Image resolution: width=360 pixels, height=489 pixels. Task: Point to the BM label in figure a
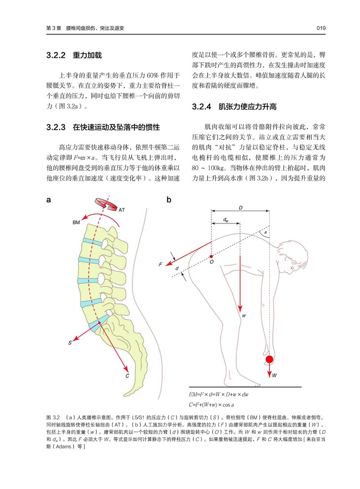click(76, 223)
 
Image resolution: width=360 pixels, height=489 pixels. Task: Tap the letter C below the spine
click(127, 376)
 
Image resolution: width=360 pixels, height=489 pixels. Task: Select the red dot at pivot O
click(211, 257)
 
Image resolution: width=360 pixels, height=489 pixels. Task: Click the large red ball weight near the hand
click(270, 359)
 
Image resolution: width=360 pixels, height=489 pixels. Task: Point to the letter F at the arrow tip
click(161, 265)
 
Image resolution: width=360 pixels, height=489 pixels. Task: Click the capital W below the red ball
click(275, 375)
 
